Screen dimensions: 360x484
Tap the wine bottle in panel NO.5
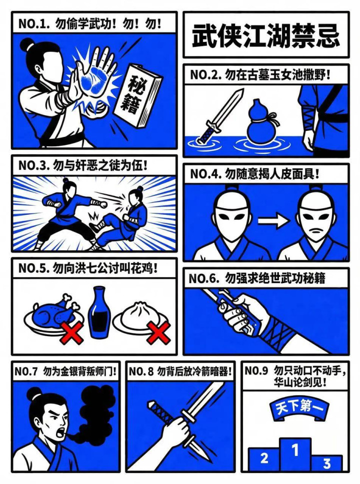[x=99, y=312]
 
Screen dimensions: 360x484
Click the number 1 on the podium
[x=295, y=450]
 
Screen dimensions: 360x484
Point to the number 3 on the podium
[x=326, y=464]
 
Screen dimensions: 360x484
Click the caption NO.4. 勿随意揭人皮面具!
[x=254, y=174]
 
